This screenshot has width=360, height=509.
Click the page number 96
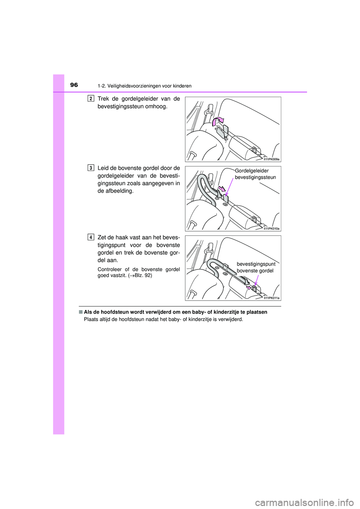(74, 85)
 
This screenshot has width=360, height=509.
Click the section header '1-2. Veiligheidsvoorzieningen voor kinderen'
(144, 86)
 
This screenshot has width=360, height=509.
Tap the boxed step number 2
(91, 99)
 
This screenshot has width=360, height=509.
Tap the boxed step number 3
(91, 168)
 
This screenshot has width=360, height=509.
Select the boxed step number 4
(91, 237)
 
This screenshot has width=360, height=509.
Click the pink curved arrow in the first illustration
(217, 121)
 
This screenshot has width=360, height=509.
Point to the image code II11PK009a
(271, 159)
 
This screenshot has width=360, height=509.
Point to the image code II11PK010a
(271, 229)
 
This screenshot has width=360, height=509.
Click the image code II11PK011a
(271, 298)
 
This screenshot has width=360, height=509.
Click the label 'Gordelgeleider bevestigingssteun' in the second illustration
(255, 174)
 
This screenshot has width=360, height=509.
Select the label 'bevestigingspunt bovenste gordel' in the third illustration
(256, 267)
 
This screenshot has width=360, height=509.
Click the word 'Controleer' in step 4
(109, 269)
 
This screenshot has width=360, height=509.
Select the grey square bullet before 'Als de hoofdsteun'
(81, 312)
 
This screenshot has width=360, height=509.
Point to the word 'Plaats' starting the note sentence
(91, 319)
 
